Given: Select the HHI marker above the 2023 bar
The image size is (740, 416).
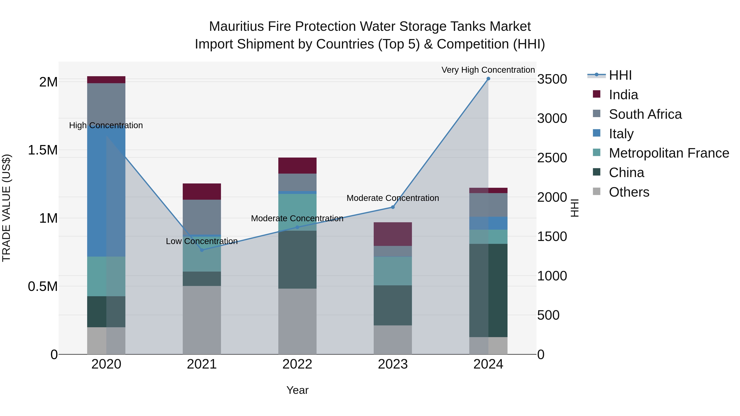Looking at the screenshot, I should [393, 207].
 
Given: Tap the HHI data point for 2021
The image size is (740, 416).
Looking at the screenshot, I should [202, 250].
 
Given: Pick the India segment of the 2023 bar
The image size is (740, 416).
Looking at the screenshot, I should [393, 234].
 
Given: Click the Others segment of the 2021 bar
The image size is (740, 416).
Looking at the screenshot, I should [202, 320].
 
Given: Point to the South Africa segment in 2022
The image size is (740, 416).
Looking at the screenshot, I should [297, 182].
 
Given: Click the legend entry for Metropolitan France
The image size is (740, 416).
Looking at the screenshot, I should [668, 153].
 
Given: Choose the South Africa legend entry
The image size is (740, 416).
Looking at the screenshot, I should [645, 114].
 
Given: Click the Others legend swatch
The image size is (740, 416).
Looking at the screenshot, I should [597, 191].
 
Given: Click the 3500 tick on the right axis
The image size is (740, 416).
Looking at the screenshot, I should [552, 79].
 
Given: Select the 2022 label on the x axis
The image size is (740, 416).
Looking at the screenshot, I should [297, 364].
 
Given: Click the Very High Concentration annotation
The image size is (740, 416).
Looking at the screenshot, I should [488, 70].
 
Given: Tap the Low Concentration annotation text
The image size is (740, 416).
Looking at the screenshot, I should [202, 241].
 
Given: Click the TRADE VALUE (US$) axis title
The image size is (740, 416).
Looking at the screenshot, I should [6, 208].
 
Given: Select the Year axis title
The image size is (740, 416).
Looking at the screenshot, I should [297, 390].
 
